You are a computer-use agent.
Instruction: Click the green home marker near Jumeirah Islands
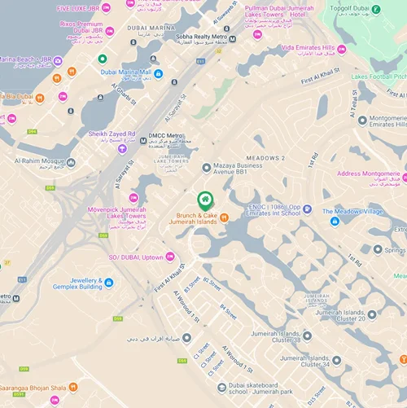tap(205, 199)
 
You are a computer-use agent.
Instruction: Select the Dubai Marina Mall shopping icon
tap(158, 73)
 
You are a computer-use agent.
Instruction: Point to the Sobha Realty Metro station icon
tap(233, 39)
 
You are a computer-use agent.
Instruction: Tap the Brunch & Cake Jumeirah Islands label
tap(195, 217)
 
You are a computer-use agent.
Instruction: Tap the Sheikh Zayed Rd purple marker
tap(122, 148)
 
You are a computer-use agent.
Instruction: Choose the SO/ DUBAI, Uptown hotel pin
tap(169, 257)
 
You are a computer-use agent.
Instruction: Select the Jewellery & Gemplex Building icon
tap(109, 283)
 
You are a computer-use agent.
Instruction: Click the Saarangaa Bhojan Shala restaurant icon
tap(73, 388)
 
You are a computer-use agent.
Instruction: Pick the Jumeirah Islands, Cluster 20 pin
tap(372, 314)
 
